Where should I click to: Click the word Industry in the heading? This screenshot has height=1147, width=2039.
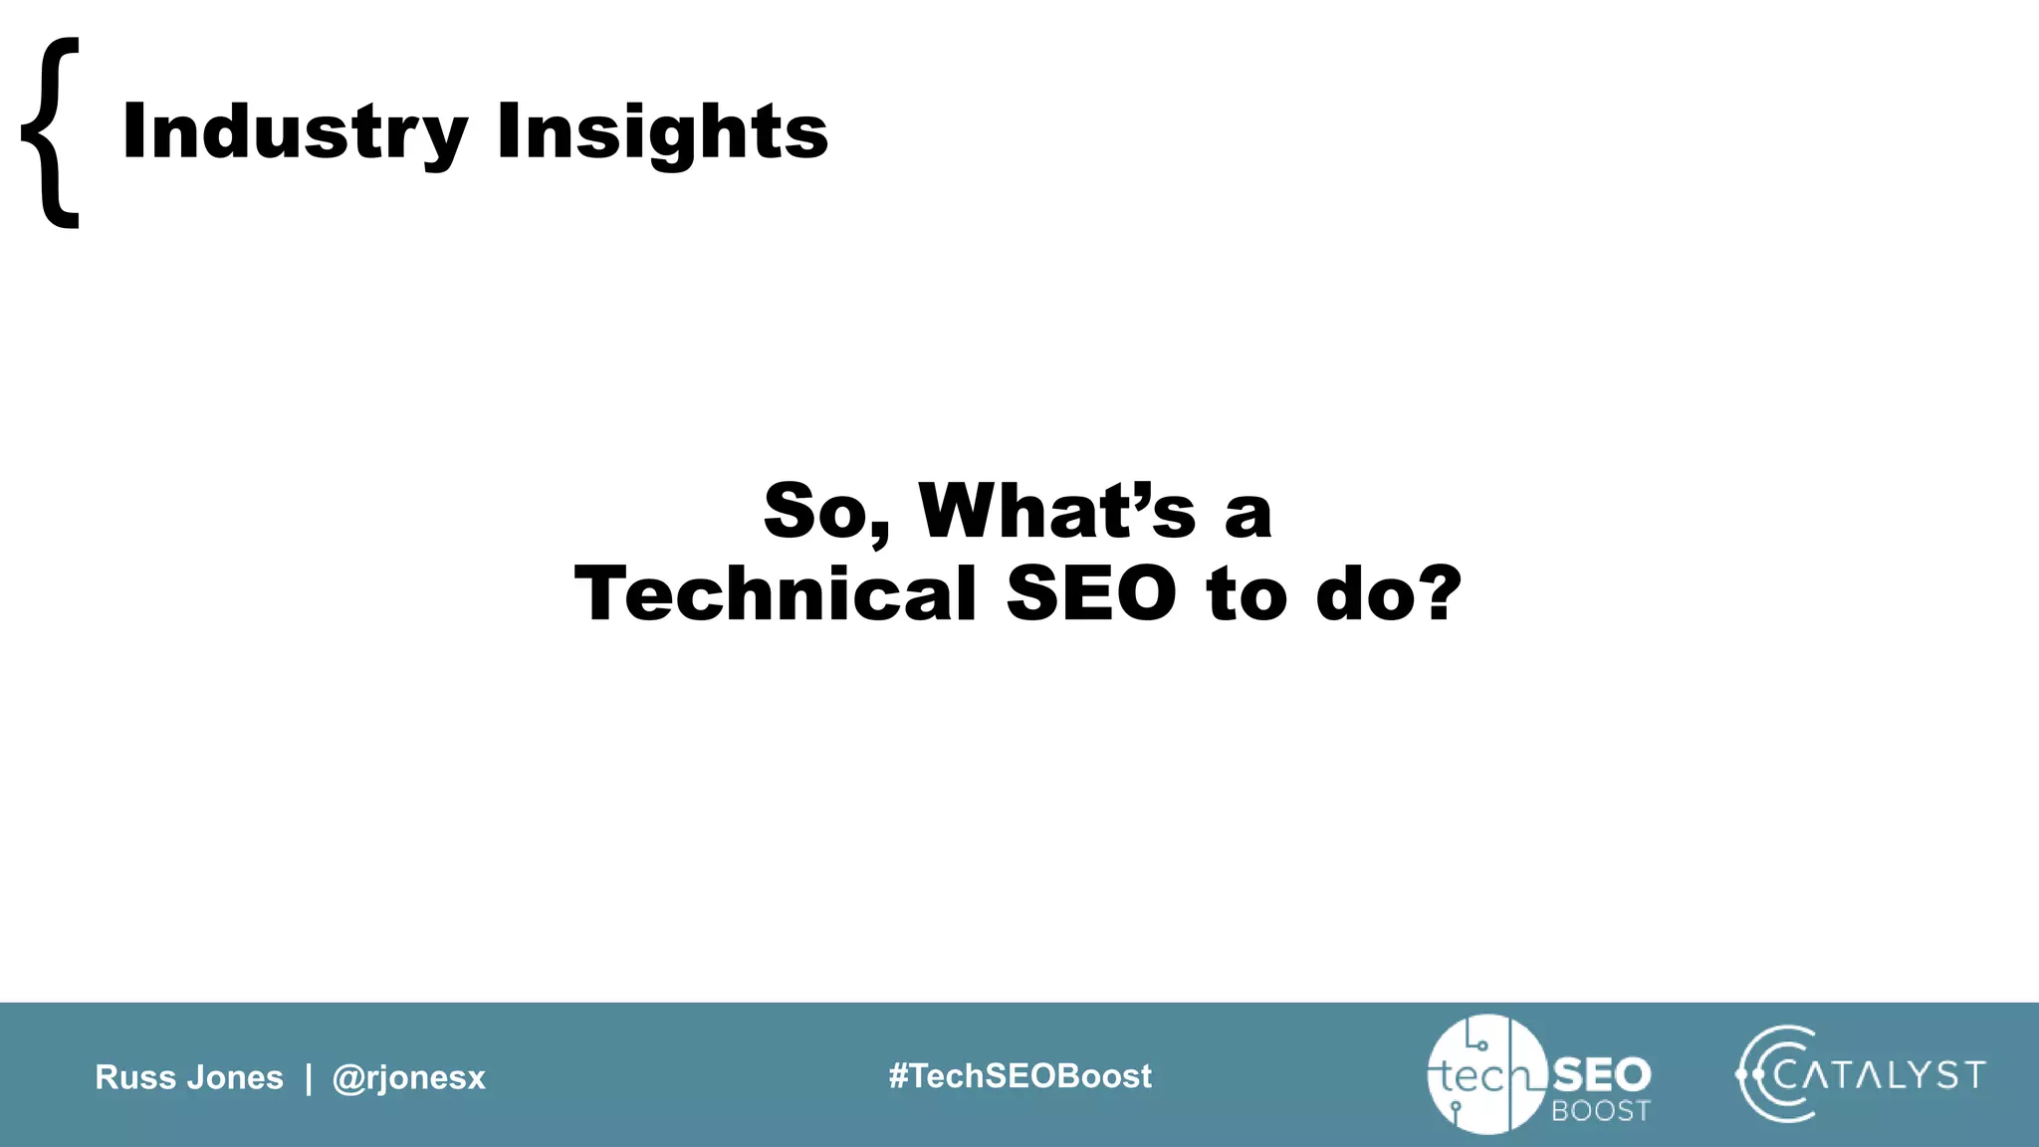[x=295, y=132]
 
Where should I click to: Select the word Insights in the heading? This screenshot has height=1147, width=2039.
[x=662, y=132]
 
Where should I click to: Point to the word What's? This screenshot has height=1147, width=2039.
[x=1056, y=511]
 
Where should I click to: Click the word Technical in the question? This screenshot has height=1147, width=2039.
[x=777, y=594]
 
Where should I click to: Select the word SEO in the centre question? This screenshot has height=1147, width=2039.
[x=1091, y=594]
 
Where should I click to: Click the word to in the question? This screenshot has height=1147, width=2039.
[x=1247, y=594]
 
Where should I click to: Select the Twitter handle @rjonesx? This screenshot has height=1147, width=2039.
[x=408, y=1077]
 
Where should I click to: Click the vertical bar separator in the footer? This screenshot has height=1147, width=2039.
[x=309, y=1077]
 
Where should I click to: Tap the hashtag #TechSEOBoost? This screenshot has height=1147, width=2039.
[x=1019, y=1075]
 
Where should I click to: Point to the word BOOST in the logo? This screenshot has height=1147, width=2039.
[x=1600, y=1110]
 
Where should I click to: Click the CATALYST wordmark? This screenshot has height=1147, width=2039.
[x=1880, y=1075]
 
